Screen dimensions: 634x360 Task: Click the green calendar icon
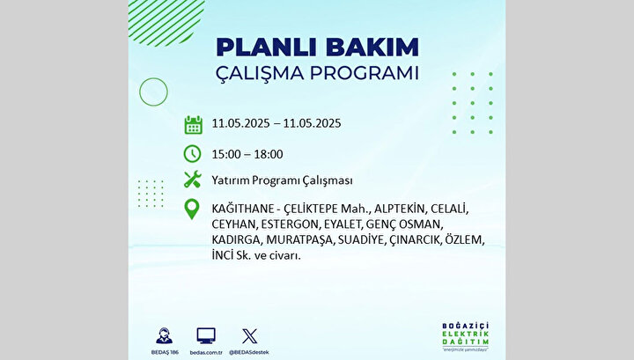click(x=193, y=125)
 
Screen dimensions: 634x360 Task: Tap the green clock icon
click(x=192, y=154)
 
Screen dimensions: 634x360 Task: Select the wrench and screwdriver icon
click(x=193, y=180)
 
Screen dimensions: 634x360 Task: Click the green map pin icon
click(x=192, y=209)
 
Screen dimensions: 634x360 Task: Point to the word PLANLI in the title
click(x=268, y=48)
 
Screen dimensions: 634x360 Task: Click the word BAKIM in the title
click(x=372, y=48)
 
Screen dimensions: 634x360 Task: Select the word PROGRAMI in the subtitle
click(x=365, y=73)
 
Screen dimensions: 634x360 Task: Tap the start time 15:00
click(x=226, y=154)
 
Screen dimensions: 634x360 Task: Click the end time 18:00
click(x=269, y=154)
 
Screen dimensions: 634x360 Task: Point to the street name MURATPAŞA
click(x=300, y=240)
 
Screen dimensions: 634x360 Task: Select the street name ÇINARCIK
click(x=416, y=240)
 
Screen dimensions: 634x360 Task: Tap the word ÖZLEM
click(x=465, y=239)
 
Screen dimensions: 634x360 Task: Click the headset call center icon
click(x=164, y=335)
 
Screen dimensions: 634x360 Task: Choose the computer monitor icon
click(x=206, y=336)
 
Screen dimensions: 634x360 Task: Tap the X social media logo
click(x=249, y=336)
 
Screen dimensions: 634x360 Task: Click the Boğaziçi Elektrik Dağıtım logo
click(x=466, y=336)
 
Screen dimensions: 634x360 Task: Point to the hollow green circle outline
click(x=153, y=78)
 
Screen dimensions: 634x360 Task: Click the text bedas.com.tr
click(x=206, y=352)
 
